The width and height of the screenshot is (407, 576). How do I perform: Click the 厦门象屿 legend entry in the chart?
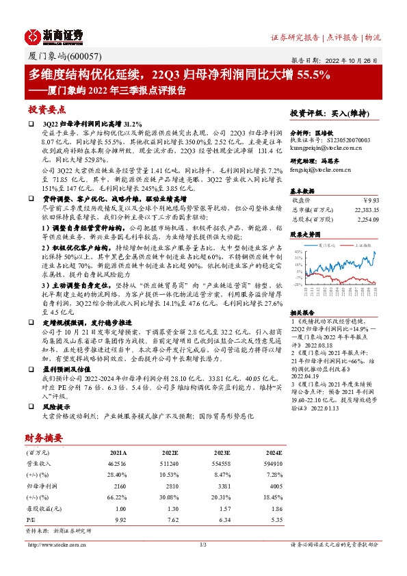coord(326,244)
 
